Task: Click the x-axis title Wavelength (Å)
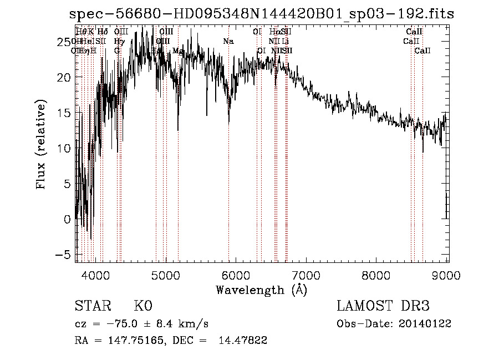pos(261,290)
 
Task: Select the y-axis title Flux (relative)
pos(42,145)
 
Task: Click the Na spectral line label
pos(228,42)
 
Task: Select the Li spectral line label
pos(285,42)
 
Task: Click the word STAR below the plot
pos(92,306)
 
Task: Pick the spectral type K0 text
pos(142,306)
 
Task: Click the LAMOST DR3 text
pos(383,306)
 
